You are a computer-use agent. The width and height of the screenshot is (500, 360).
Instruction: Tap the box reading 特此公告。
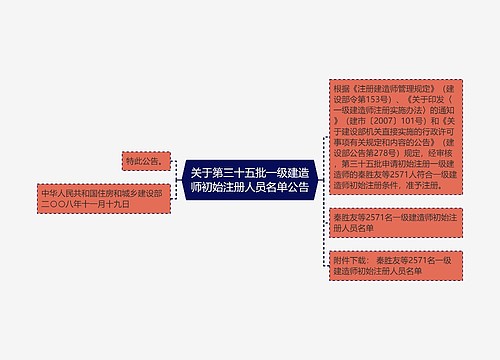click(x=144, y=160)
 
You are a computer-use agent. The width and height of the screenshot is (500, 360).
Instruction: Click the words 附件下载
click(x=352, y=259)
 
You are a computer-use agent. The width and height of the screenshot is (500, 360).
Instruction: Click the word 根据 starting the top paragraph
click(x=342, y=88)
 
